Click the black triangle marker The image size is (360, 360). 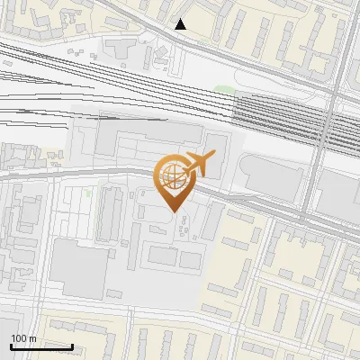point(181,24)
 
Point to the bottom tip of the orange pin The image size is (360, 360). point(172,212)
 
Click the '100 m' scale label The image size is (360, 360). point(23,338)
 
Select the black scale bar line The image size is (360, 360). point(41,346)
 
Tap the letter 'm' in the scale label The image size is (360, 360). point(32,338)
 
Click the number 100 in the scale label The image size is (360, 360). point(19,338)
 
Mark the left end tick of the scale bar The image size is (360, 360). point(11,345)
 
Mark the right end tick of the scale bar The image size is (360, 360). point(72,345)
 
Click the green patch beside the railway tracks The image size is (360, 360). point(224,90)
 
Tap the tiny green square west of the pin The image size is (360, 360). point(88,193)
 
